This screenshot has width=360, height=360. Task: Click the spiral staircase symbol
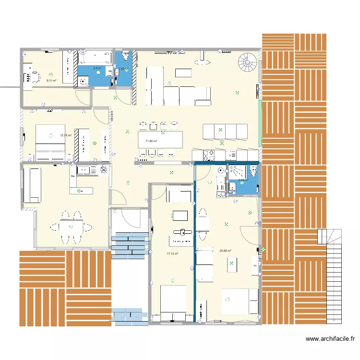click(248, 62)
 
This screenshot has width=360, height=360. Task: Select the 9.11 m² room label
click(51, 81)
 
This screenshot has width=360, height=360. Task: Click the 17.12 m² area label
click(172, 254)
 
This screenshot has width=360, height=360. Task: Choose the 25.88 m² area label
click(225, 251)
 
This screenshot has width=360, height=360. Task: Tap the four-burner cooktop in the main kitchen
click(209, 155)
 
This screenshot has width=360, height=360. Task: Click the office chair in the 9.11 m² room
click(35, 76)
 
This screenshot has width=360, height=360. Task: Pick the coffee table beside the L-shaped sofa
click(183, 72)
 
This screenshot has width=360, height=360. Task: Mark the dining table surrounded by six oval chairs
click(71, 226)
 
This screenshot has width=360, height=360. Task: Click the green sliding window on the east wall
click(260, 123)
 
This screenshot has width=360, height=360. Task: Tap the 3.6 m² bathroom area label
click(97, 69)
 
